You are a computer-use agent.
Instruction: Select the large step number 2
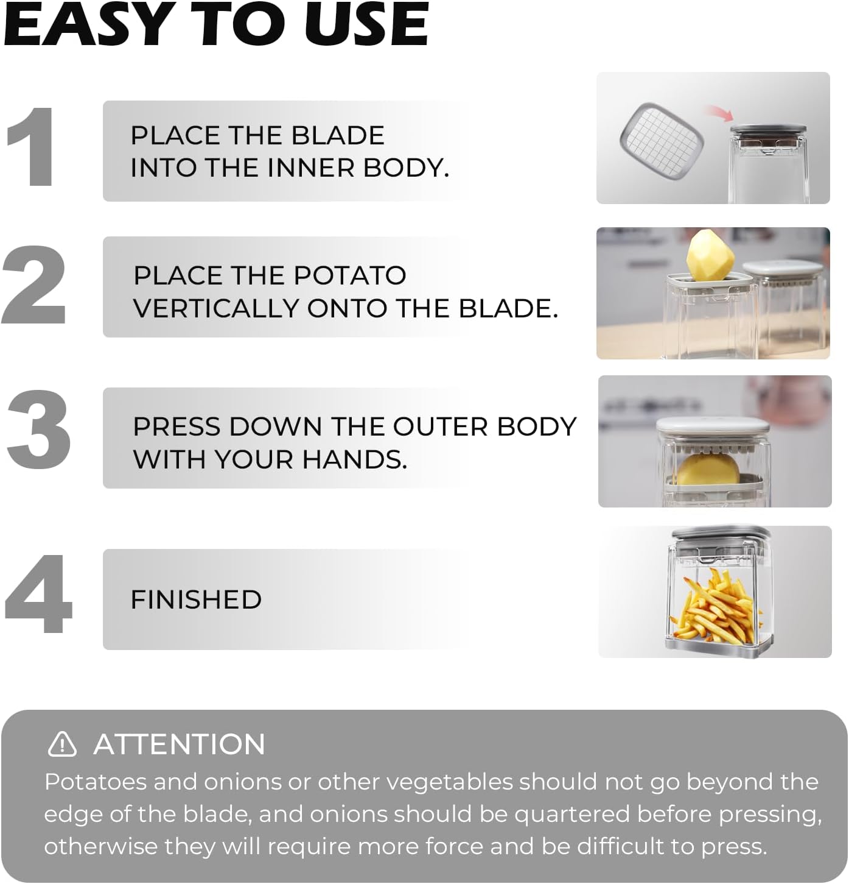click(x=34, y=285)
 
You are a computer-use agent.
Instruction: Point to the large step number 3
click(x=38, y=430)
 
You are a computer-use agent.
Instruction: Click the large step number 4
click(x=38, y=594)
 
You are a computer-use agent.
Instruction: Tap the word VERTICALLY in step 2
click(x=217, y=308)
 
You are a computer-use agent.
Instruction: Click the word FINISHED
click(x=196, y=599)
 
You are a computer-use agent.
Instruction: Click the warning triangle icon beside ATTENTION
click(x=62, y=744)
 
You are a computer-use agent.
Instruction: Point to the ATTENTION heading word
click(x=180, y=744)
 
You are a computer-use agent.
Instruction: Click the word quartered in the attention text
click(x=571, y=814)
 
